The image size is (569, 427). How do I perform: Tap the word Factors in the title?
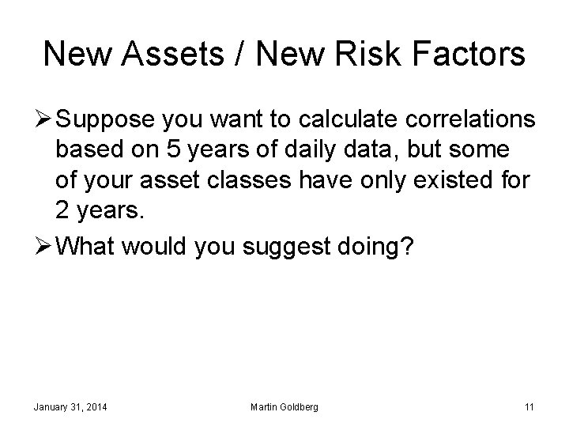point(466,54)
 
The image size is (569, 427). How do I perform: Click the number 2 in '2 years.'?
point(63,211)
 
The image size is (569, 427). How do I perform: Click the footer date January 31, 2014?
point(70,407)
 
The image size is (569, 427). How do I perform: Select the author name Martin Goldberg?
point(284,407)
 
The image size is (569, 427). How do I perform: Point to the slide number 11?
point(529,407)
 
